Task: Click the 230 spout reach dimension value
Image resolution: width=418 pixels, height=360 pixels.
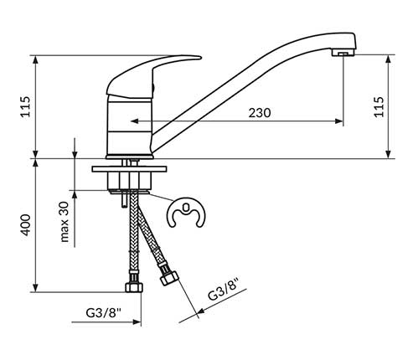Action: pyautogui.click(x=260, y=113)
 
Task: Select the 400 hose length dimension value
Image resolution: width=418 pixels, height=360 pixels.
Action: pyautogui.click(x=26, y=225)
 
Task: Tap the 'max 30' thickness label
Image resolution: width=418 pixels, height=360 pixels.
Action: pyautogui.click(x=65, y=222)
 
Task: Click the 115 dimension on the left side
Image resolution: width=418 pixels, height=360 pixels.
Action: pyautogui.click(x=26, y=106)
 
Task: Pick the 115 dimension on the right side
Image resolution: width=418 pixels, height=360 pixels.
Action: pyautogui.click(x=379, y=107)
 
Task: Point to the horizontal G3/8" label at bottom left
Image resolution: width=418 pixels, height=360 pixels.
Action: pyautogui.click(x=103, y=313)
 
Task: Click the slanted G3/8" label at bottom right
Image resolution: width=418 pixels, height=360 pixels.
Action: pyautogui.click(x=224, y=289)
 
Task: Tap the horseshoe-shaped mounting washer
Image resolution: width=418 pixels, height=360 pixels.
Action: pyautogui.click(x=186, y=213)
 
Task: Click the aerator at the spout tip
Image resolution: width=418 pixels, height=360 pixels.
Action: pyautogui.click(x=343, y=54)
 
